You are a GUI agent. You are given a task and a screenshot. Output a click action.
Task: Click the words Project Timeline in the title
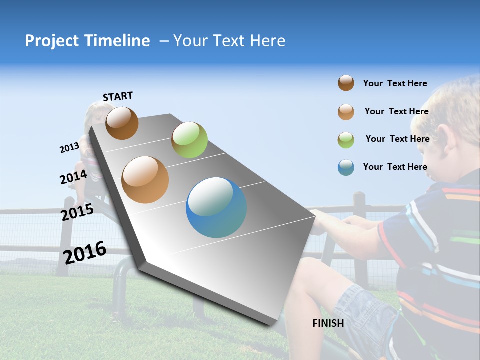(x=87, y=41)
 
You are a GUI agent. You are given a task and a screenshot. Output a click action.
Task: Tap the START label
(x=118, y=96)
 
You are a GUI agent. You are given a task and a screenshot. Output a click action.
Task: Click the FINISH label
(x=328, y=323)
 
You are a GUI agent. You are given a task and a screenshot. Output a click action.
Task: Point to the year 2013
(x=69, y=148)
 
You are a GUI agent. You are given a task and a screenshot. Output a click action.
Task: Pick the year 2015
(x=77, y=213)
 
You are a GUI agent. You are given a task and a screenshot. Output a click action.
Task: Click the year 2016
(x=85, y=252)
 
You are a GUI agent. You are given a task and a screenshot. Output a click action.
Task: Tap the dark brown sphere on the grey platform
(x=122, y=123)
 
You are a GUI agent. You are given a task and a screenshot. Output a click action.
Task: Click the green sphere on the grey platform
(x=189, y=140)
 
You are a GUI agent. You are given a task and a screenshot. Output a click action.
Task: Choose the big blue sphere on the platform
(x=216, y=207)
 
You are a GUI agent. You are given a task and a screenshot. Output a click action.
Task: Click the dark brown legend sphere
(x=346, y=83)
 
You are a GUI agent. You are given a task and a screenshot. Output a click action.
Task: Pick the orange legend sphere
(x=346, y=111)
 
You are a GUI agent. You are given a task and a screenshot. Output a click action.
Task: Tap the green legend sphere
(x=346, y=139)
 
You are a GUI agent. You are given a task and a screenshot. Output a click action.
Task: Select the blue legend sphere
(x=346, y=167)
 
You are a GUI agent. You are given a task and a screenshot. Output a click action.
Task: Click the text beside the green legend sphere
(x=397, y=139)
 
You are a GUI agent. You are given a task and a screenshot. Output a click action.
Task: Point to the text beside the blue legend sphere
(x=395, y=167)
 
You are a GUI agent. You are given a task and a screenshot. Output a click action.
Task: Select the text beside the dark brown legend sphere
(x=395, y=83)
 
